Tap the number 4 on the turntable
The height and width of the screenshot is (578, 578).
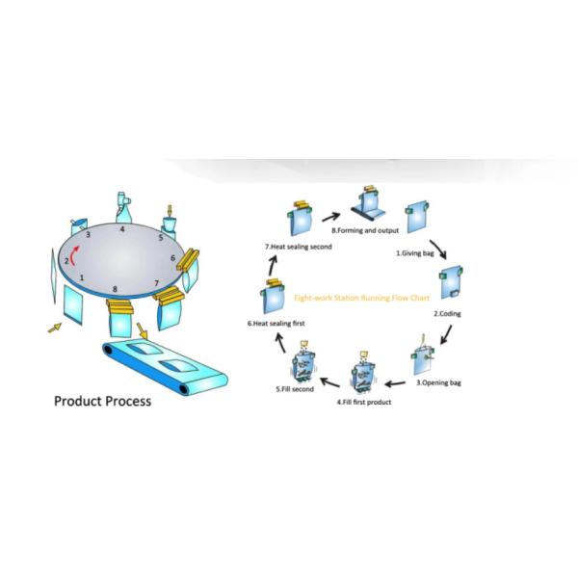(x=122, y=230)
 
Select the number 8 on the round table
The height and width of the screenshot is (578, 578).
(x=116, y=289)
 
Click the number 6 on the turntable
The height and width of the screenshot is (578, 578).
(x=173, y=258)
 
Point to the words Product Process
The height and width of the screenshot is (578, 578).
(x=102, y=401)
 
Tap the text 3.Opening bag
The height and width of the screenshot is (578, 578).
(x=441, y=382)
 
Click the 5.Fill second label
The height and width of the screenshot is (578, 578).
(x=293, y=389)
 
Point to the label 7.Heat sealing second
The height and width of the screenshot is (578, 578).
(x=297, y=248)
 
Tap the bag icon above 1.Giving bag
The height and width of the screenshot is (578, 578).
(x=416, y=218)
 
